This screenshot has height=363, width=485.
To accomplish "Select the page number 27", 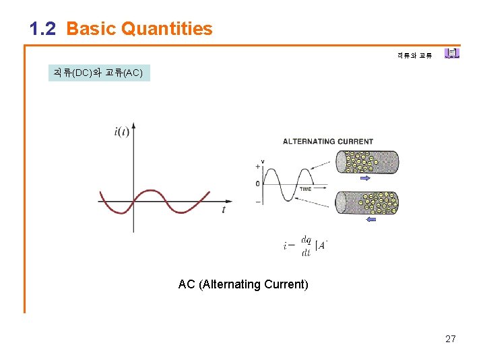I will click(451, 339).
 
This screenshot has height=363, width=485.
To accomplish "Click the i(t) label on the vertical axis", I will click(121, 131).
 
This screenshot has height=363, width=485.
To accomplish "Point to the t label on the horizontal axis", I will click(224, 210).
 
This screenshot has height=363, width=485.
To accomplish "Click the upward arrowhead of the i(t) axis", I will click(133, 126).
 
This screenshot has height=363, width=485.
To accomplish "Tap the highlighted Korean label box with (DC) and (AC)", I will click(98, 73).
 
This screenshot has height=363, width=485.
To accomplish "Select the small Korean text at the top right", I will click(414, 55).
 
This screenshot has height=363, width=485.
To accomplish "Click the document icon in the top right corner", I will click(452, 53).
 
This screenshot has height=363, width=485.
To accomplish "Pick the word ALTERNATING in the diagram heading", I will click(313, 141).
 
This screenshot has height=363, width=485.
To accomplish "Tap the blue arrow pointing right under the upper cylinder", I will click(366, 179).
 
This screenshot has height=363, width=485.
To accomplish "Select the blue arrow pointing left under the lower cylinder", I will click(370, 219).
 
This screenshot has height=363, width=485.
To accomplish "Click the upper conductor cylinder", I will click(367, 162).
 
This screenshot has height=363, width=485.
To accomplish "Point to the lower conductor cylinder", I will click(367, 202).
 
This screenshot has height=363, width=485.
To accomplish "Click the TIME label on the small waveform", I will click(305, 190).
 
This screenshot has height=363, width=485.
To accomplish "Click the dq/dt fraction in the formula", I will click(306, 246).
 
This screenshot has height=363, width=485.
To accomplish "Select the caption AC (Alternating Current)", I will click(243, 284).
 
